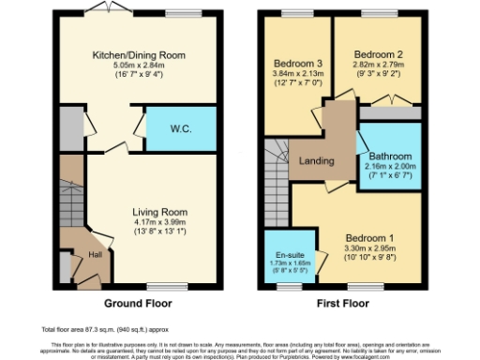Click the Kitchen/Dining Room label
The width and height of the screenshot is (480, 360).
[x=138, y=55]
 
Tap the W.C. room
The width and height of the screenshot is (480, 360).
[x=182, y=128]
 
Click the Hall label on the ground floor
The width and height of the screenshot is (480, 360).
[x=95, y=253]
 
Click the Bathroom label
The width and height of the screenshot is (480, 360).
[x=388, y=157]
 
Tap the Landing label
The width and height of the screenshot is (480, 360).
[x=317, y=161]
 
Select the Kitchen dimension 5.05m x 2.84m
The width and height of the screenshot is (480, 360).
[x=138, y=67]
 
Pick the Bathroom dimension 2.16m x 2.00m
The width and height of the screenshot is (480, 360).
[x=388, y=167]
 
